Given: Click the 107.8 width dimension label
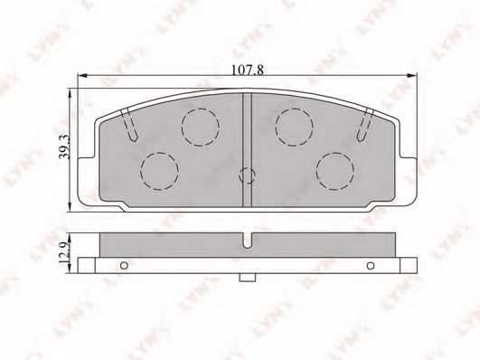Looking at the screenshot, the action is point(247,71).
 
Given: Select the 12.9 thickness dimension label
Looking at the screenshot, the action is point(65,253).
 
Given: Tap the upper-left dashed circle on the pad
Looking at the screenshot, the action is point(200,127).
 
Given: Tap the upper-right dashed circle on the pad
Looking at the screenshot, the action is point(294,127).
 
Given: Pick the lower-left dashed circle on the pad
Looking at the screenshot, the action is point(159,171).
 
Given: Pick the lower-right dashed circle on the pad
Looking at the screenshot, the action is point(335,171).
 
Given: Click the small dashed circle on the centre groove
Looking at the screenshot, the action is point(247,175).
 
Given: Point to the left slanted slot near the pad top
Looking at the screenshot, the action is point(129,126).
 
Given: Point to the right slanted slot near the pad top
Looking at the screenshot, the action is point(365,125).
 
